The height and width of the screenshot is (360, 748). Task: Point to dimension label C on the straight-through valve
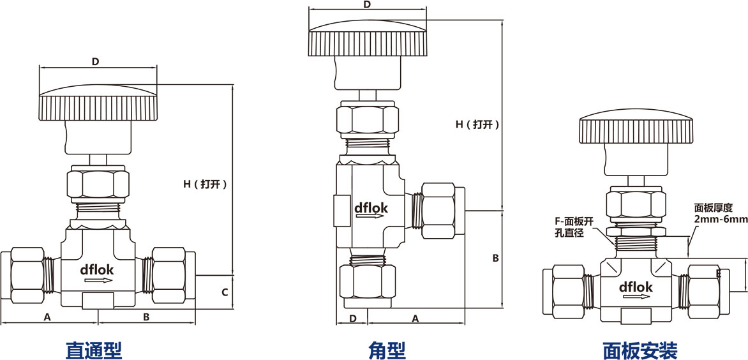tap(225, 293)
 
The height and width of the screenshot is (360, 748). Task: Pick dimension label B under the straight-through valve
tap(146, 317)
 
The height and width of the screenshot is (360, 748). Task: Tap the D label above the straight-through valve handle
tap(95, 62)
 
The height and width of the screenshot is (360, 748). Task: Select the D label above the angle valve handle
tap(366, 5)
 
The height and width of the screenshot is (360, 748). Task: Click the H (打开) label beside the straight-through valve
tap(205, 184)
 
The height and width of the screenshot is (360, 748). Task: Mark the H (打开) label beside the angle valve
tap(477, 125)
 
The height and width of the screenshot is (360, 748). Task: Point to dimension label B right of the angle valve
tap(495, 259)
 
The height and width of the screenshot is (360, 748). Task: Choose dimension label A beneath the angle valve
tap(415, 318)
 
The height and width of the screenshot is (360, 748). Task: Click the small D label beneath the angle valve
tap(352, 318)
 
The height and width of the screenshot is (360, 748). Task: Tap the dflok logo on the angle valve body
tap(371, 207)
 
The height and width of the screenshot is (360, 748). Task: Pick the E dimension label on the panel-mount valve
tap(719, 273)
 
